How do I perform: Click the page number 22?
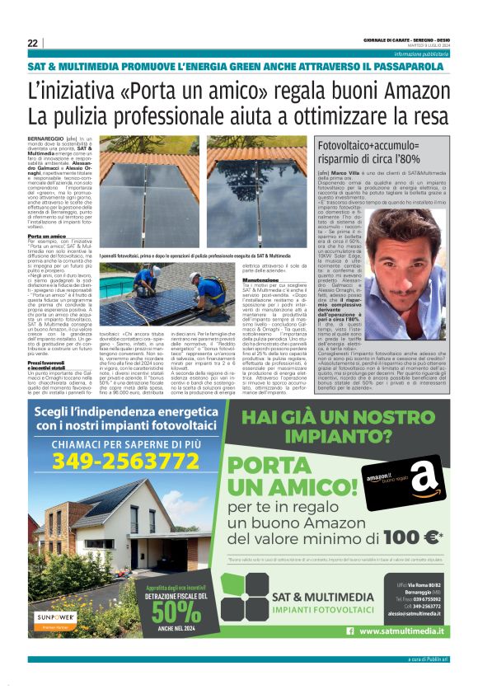point(32,43)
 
